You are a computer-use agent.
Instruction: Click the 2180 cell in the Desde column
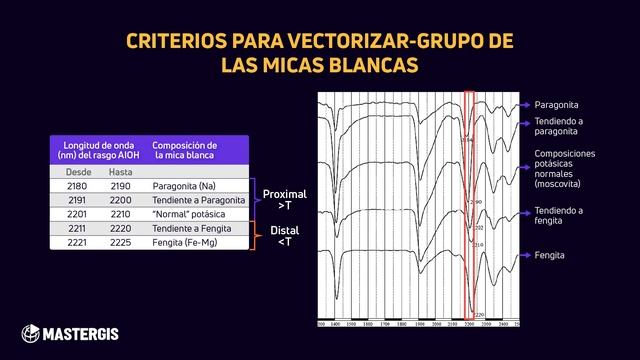(77, 186)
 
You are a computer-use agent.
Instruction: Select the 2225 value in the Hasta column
(120, 242)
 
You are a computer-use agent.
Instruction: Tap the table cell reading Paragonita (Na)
(180, 186)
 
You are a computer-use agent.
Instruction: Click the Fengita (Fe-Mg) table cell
(183, 242)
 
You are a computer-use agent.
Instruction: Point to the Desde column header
(77, 172)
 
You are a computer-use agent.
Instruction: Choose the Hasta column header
(120, 172)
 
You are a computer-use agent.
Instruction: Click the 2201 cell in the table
(77, 214)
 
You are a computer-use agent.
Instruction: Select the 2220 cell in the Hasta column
(120, 228)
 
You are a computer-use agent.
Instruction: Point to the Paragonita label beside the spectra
(557, 104)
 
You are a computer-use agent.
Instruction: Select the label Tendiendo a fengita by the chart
(558, 216)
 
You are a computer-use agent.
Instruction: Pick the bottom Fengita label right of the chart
(549, 256)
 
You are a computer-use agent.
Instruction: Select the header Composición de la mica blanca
(185, 149)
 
